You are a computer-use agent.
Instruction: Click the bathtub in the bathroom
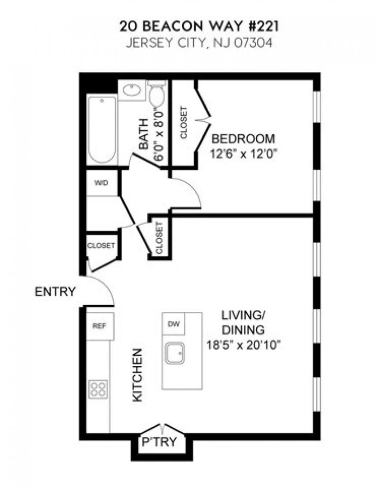tap(102, 130)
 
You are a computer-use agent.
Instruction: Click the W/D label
tap(101, 183)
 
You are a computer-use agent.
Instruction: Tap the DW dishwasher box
tap(173, 324)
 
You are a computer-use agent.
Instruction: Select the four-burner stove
tap(99, 389)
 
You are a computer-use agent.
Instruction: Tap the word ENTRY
tap(56, 292)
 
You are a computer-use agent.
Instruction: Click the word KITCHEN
tap(138, 375)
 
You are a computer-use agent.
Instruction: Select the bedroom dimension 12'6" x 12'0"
tap(247, 153)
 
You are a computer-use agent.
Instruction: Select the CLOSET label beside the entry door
tap(101, 245)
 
